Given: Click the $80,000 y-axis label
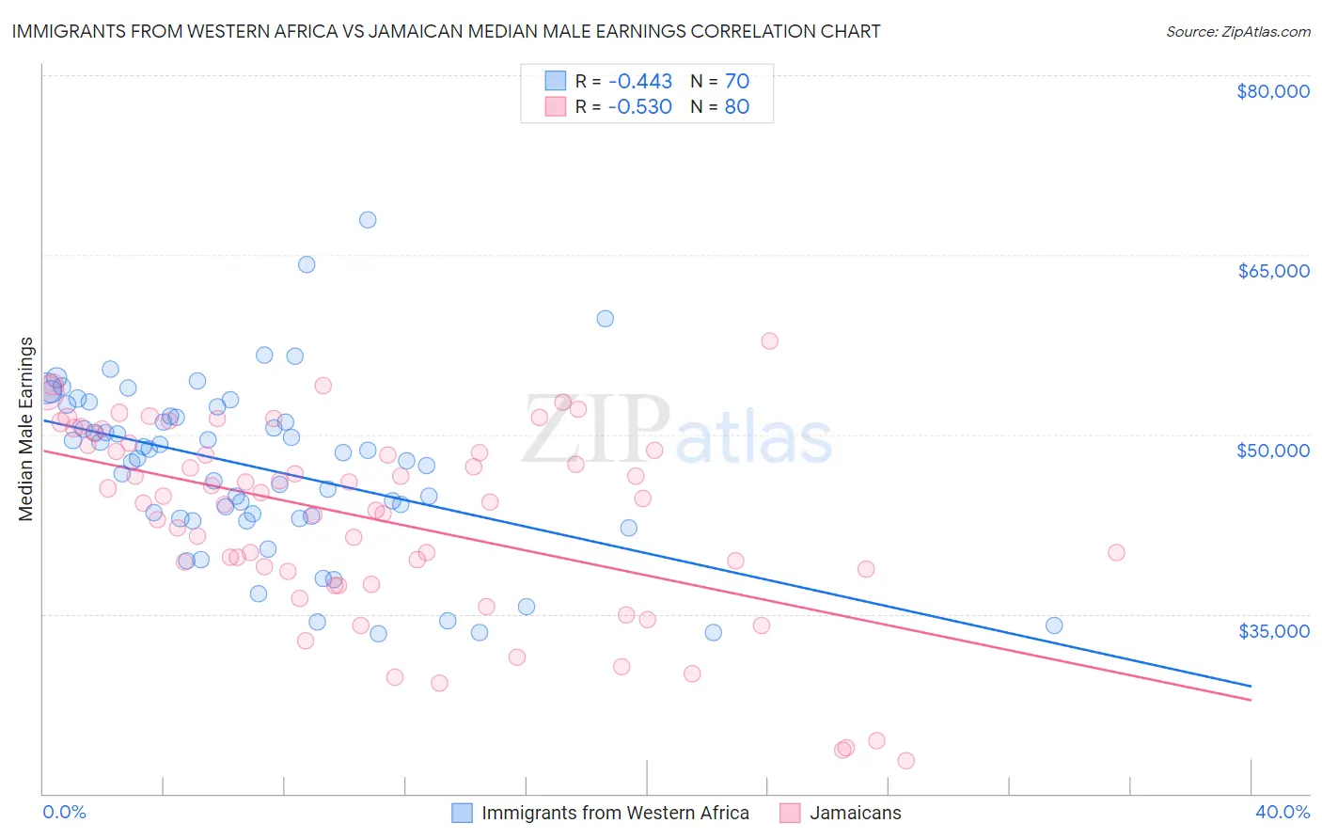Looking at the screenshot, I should [1272, 91].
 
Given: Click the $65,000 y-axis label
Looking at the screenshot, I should [1272, 271].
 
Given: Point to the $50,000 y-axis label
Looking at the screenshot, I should [1272, 451].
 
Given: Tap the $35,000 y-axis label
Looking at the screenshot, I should [1272, 630].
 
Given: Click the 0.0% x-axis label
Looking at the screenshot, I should [64, 812].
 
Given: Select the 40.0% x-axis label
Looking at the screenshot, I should [1282, 812].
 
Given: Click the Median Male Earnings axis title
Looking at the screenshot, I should [26, 428].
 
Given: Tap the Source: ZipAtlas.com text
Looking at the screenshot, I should [1237, 31].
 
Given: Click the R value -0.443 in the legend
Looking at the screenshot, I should [639, 81].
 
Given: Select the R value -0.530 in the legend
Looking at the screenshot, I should [639, 106].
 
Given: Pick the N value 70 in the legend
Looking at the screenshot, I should [736, 81].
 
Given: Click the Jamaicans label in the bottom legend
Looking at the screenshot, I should [855, 813].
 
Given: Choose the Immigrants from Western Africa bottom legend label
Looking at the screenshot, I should [615, 813].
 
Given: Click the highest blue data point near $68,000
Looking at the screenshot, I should [368, 220].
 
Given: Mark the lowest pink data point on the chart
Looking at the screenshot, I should [905, 760].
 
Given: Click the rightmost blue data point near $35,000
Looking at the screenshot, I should [1054, 625].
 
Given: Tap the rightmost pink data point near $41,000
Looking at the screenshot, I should [1116, 552].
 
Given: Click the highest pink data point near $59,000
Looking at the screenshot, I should [769, 340].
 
